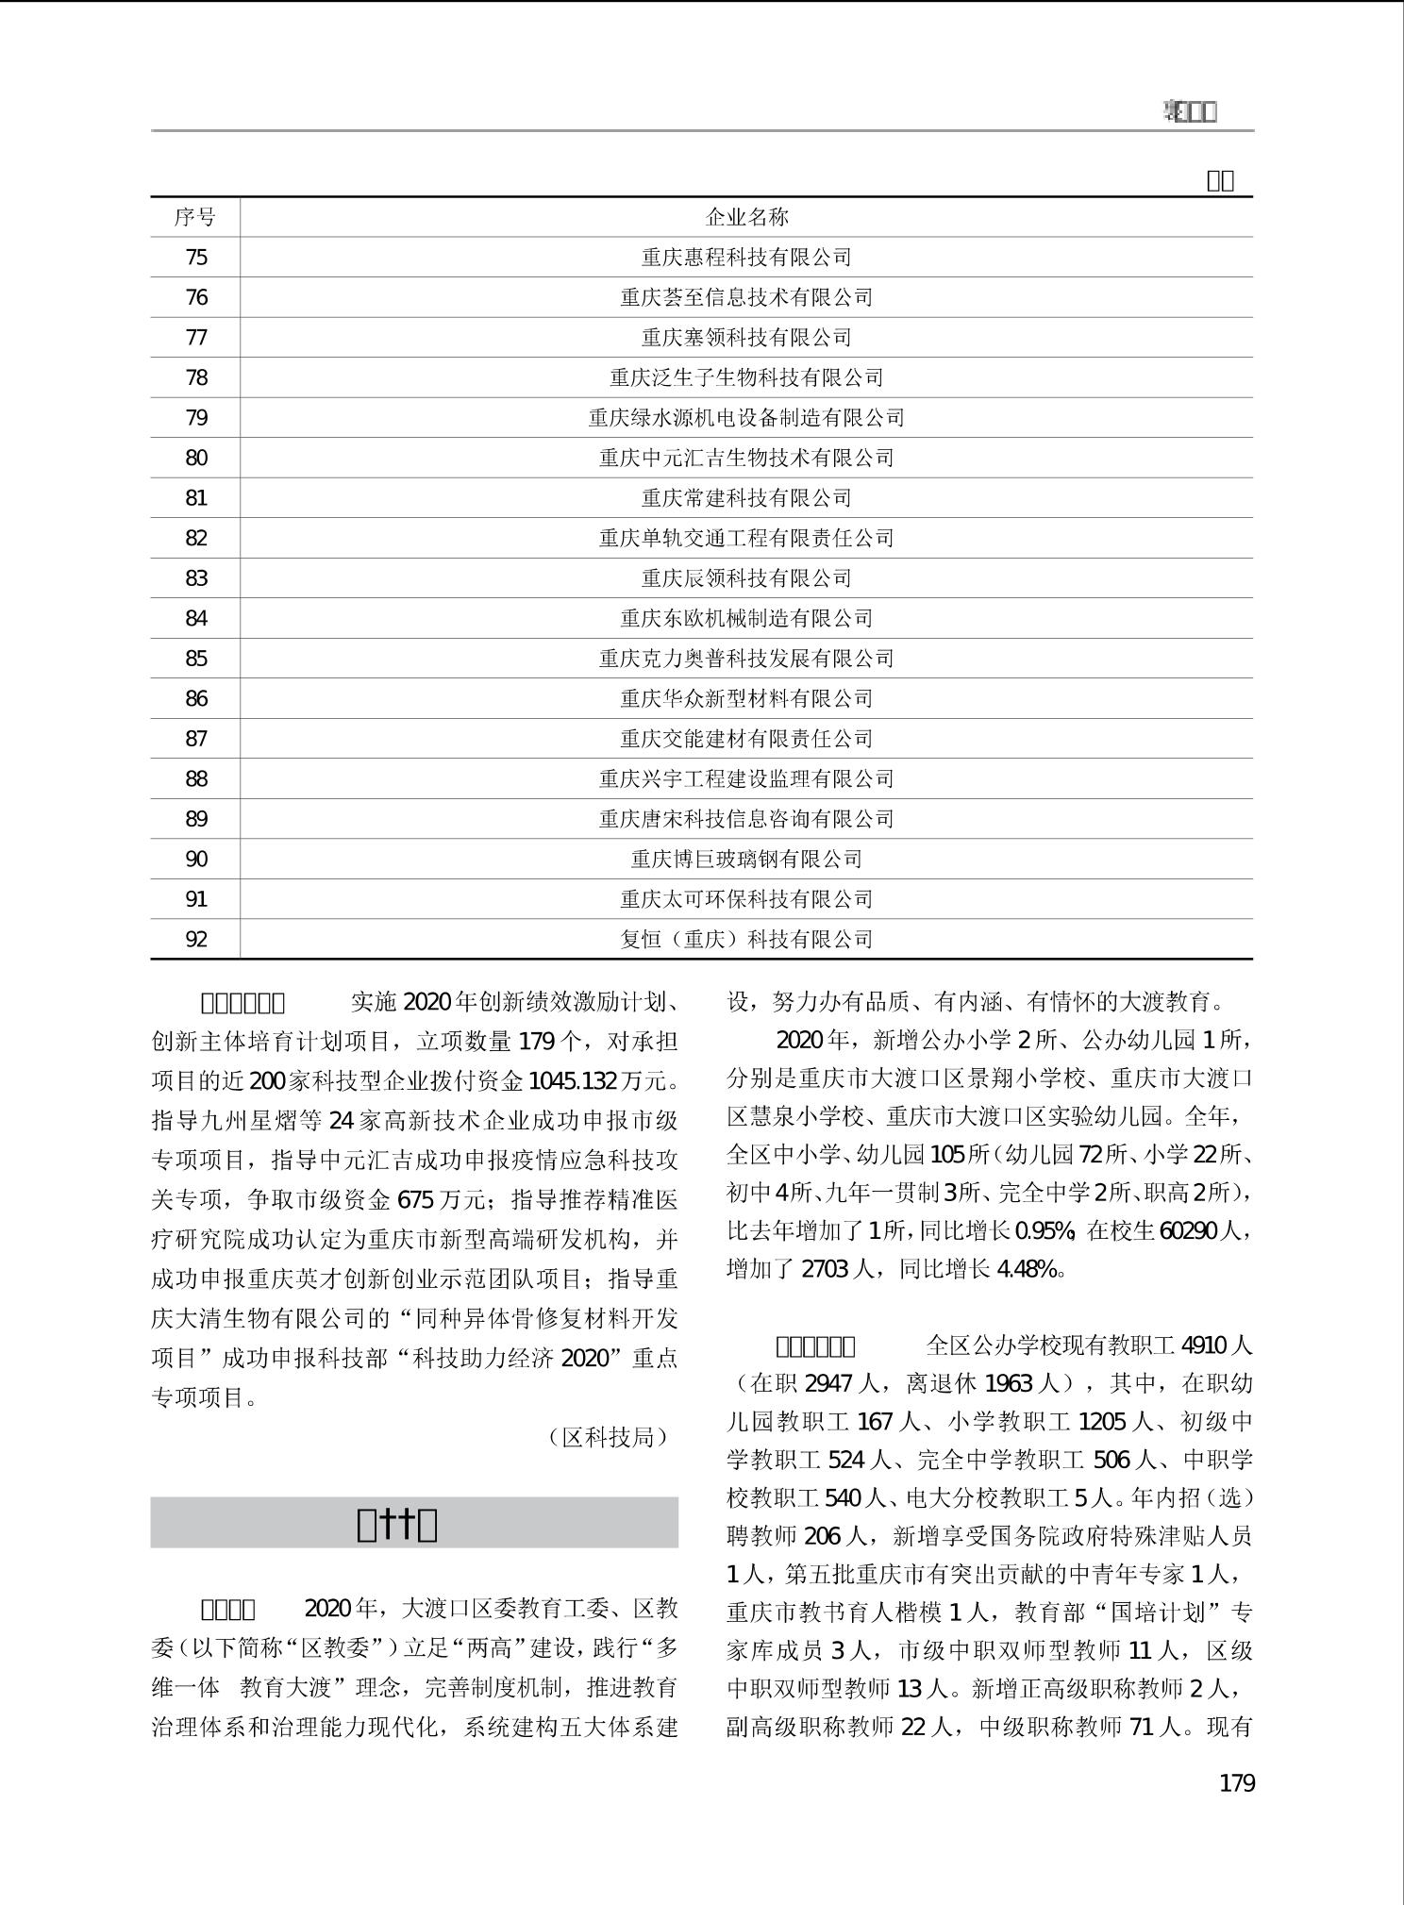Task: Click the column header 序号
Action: click(195, 217)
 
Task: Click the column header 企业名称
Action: click(746, 217)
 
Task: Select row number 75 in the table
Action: click(196, 258)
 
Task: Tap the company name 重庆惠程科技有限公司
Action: click(746, 258)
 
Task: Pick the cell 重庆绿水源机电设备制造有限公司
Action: click(746, 418)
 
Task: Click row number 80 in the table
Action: click(196, 459)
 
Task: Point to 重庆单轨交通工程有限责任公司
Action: click(746, 539)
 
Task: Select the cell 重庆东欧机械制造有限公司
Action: click(746, 619)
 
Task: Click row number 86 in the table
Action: click(196, 699)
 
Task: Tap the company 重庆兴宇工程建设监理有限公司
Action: click(746, 779)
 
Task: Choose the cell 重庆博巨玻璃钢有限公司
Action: click(746, 860)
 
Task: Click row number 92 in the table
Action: click(196, 940)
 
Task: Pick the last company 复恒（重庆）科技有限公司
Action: click(746, 940)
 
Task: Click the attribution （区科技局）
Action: click(608, 1437)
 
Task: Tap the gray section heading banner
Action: click(414, 1522)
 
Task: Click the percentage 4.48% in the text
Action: click(1027, 1269)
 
